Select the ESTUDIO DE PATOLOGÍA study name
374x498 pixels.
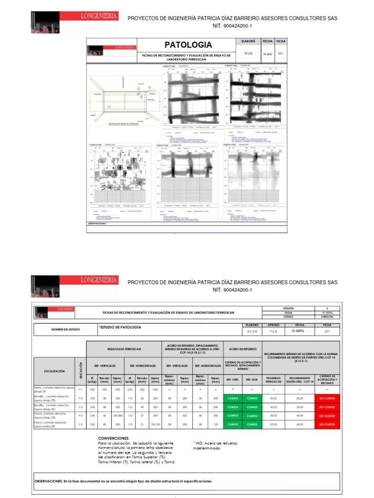[x=119, y=327]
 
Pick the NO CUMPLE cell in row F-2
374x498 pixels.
[x=327, y=398]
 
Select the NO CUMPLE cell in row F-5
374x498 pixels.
[x=327, y=425]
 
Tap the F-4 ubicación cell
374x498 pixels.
[x=81, y=416]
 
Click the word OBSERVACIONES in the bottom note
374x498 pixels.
[x=48, y=481]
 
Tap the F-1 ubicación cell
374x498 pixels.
[x=81, y=390]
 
